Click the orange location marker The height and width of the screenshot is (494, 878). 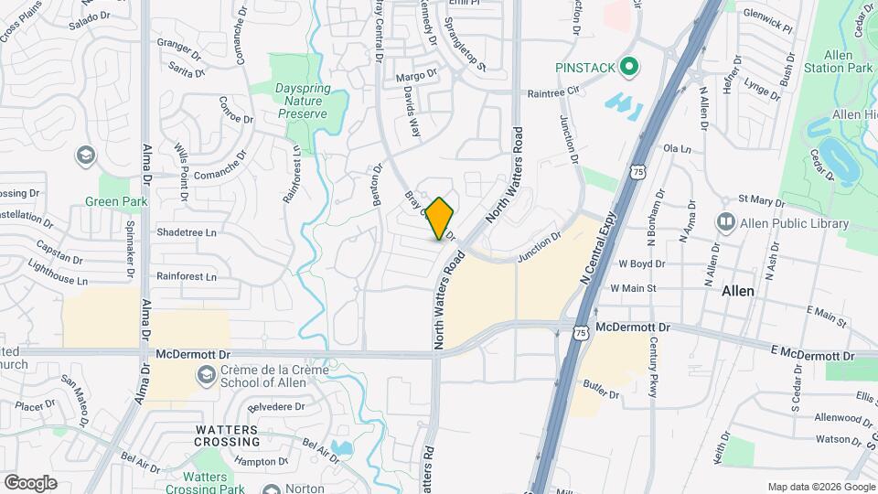(x=440, y=219)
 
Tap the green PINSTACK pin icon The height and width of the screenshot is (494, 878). (x=628, y=67)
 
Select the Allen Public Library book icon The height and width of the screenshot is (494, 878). (x=726, y=222)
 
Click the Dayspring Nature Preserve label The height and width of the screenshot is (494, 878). (x=301, y=101)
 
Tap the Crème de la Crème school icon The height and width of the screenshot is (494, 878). (x=206, y=374)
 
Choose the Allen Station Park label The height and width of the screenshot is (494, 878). (x=840, y=59)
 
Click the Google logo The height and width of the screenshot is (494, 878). (x=30, y=482)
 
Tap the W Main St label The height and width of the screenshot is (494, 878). (x=633, y=288)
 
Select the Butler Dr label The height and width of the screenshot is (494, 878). (x=602, y=394)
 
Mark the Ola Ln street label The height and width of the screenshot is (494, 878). (x=675, y=148)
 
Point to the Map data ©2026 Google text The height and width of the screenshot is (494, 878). (x=819, y=486)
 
